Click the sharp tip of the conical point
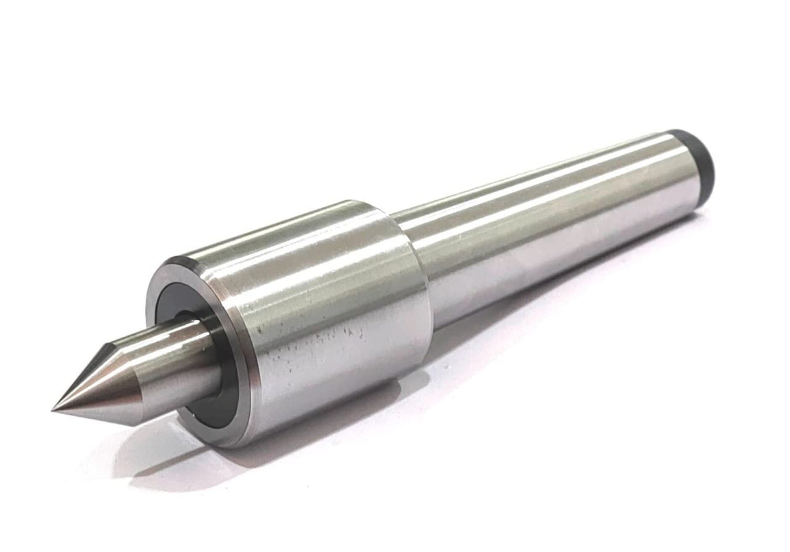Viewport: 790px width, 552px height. coord(54,409)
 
